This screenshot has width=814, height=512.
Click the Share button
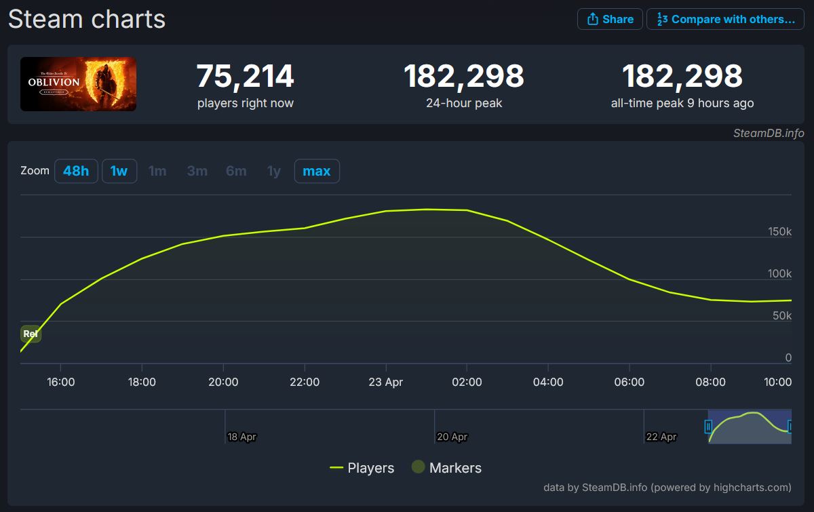610,19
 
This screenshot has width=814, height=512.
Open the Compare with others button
725,19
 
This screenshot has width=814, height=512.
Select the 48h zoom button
76,171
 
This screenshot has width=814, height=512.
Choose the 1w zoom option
119,171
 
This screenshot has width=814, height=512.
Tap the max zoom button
317,171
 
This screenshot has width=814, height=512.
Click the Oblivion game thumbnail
78,84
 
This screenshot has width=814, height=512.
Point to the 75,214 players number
246,76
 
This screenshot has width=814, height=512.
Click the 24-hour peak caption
464,103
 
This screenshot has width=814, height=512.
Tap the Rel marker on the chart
31,334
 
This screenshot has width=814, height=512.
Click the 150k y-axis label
779,231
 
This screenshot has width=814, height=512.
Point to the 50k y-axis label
782,315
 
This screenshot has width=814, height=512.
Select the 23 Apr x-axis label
385,382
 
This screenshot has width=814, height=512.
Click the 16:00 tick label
60,382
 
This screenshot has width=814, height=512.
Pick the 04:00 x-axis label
548,382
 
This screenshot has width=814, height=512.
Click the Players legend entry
362,468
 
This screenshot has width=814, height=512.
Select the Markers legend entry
446,468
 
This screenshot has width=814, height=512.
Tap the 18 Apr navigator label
241,437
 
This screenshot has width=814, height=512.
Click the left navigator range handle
708,427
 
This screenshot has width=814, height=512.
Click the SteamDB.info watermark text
769,134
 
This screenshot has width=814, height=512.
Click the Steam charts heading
87,19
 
